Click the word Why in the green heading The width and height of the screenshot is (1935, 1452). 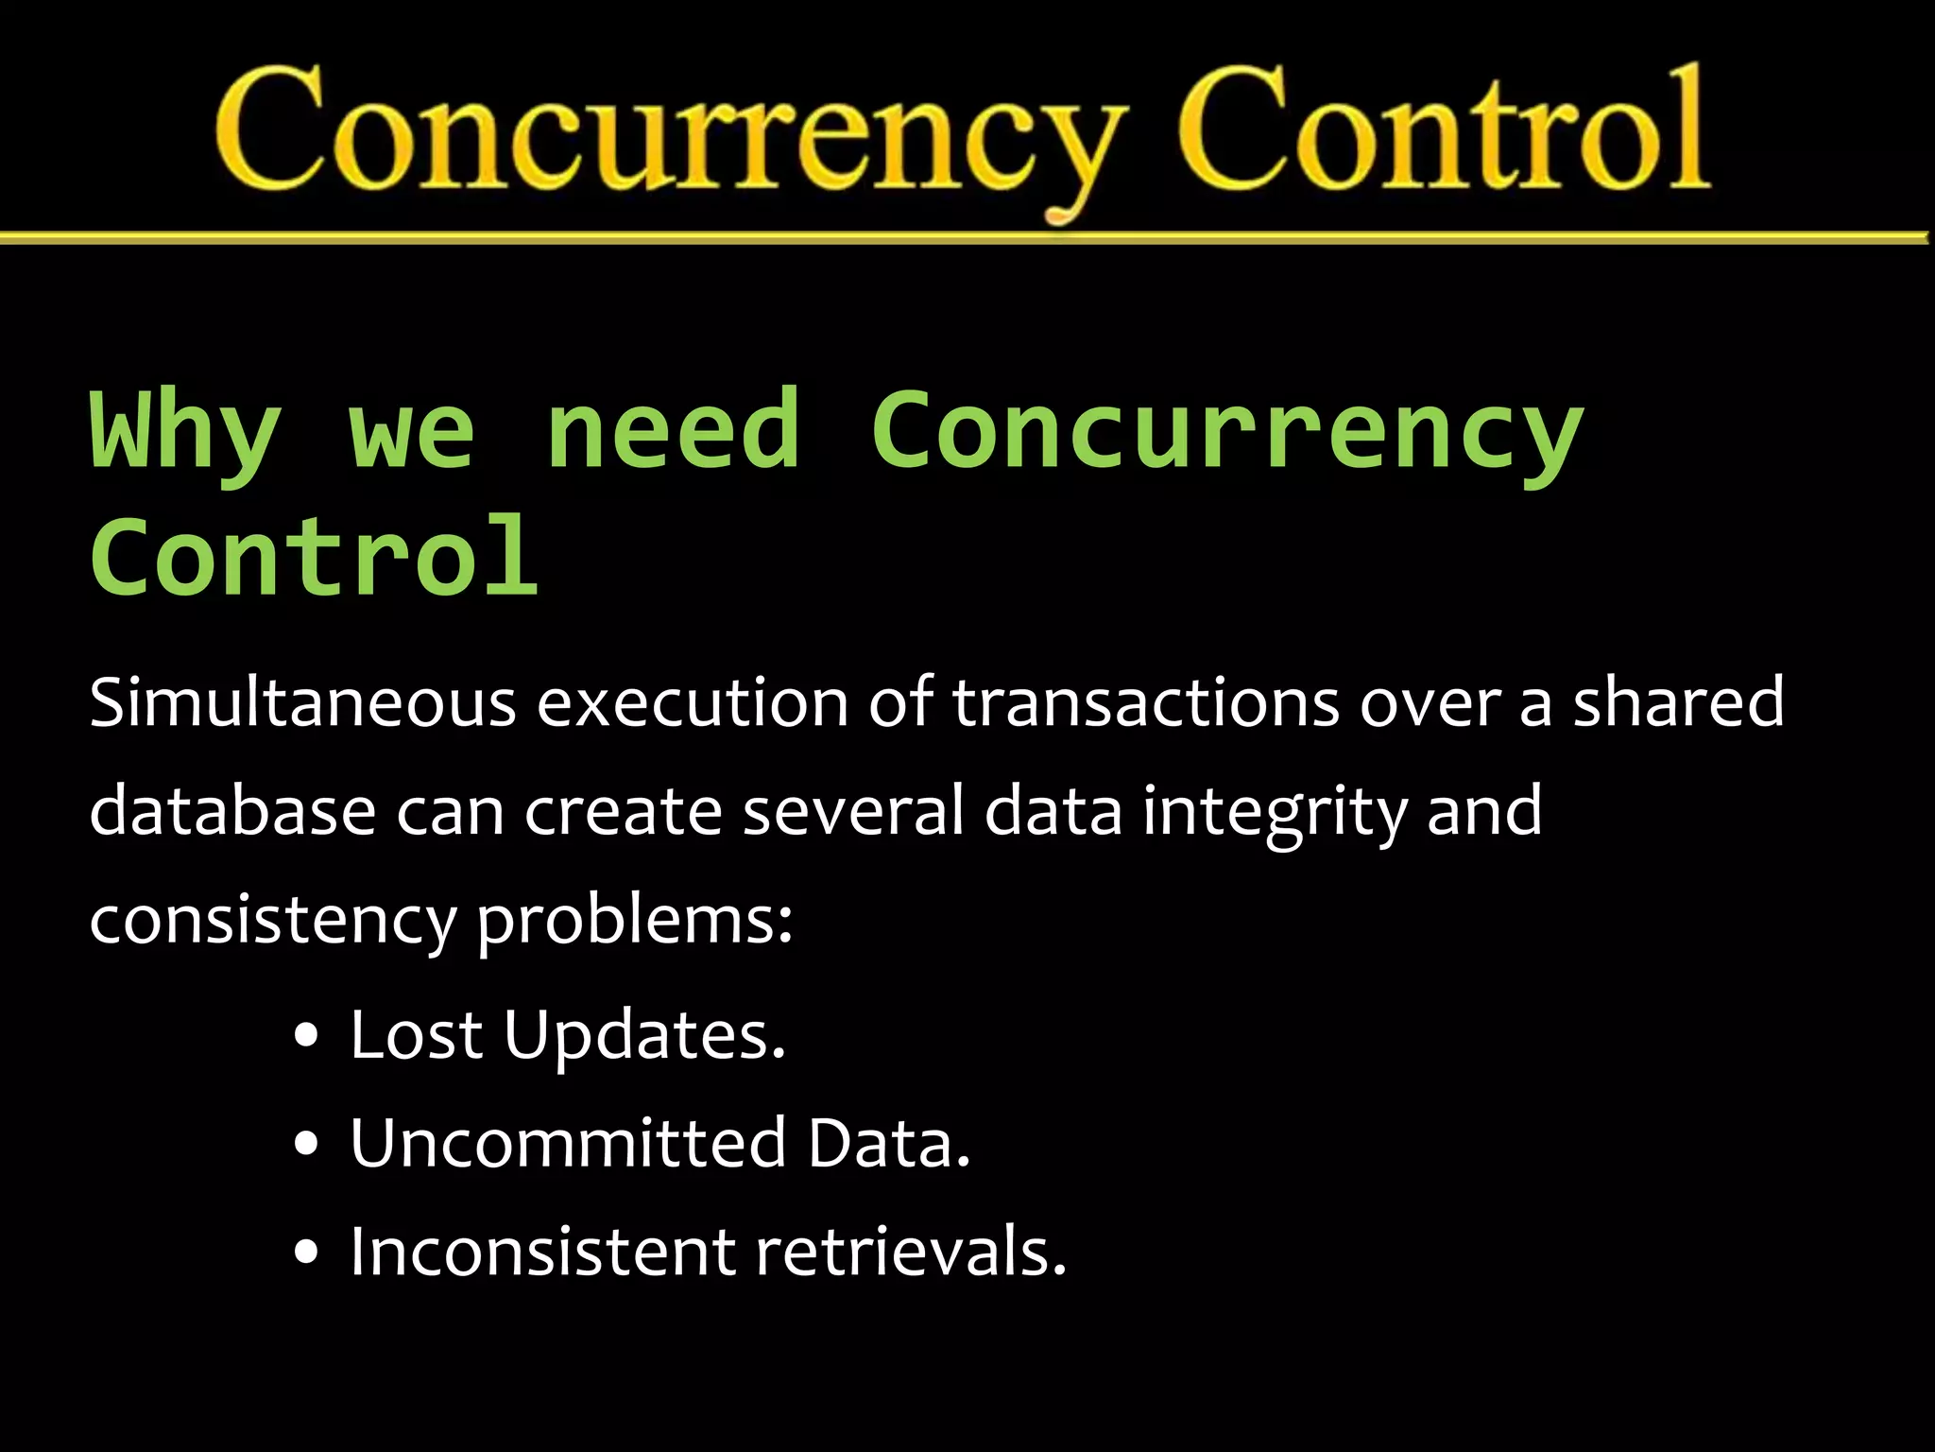185,430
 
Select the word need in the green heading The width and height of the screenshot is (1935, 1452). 673,430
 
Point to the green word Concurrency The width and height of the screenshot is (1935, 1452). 1226,430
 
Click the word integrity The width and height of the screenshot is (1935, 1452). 1275,813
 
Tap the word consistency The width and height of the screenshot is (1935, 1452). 273,921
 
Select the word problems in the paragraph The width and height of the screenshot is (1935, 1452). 633,921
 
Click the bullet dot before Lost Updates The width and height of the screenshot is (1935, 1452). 306,1035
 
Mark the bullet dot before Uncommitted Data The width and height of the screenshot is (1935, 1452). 306,1144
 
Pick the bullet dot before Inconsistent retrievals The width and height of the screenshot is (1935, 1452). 306,1253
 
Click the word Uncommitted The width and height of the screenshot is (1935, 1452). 568,1143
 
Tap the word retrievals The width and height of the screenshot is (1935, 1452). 911,1252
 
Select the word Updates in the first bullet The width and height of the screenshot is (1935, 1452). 644,1036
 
